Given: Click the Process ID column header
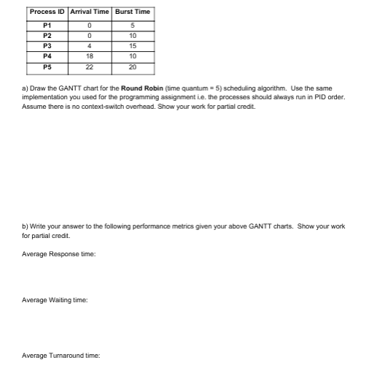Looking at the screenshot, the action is (x=47, y=12).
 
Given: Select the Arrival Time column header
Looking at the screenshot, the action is (x=90, y=12).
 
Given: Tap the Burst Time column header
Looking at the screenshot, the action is (x=132, y=12).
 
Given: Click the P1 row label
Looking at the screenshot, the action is (x=47, y=26).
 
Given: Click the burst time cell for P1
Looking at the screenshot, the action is (x=132, y=26).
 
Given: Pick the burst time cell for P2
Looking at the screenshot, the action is (x=132, y=35).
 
